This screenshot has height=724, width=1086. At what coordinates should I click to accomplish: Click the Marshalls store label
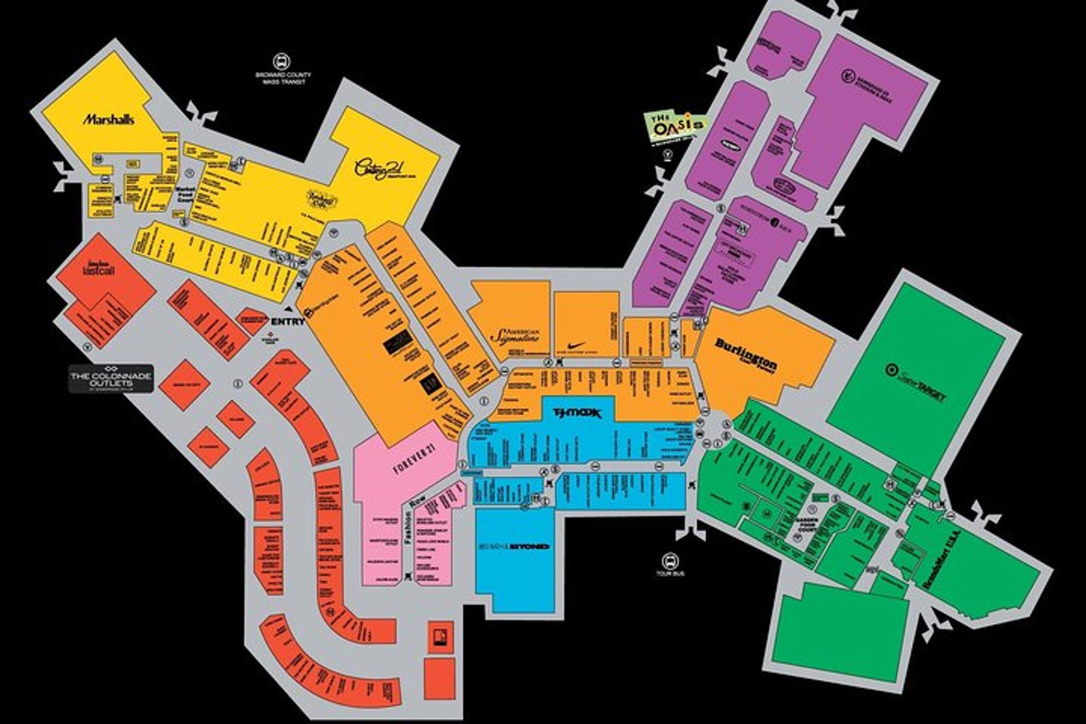coord(108,119)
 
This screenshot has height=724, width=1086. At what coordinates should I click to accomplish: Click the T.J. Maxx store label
coord(577,412)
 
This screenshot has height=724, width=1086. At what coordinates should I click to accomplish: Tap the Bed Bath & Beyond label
coord(513,546)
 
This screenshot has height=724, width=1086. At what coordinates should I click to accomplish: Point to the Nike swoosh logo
coord(577,345)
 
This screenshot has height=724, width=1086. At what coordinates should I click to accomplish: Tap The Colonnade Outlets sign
coord(111,378)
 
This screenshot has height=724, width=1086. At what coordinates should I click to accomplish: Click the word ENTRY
coord(287,321)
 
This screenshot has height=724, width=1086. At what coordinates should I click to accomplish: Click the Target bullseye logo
coord(890,368)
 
